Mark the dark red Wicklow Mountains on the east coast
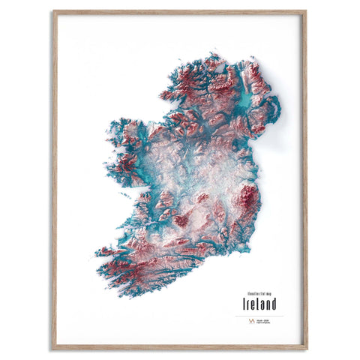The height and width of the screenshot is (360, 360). (248, 198)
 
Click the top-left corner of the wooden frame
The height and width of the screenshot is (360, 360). (53, 11)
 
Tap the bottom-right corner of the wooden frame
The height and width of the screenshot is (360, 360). (306, 349)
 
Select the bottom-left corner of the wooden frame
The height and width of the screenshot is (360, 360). (53, 349)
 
